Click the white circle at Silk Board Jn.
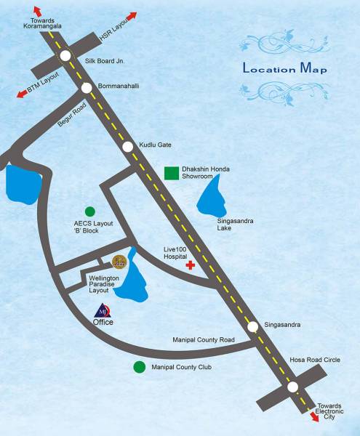66,55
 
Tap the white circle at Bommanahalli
87,88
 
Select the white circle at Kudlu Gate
128,146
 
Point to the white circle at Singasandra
253,327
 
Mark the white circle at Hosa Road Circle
292,387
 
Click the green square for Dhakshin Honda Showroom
172,173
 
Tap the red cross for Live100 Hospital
191,266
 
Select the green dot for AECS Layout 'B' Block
90,211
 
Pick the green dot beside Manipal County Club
139,367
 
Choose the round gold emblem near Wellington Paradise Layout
119,261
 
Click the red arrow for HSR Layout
131,16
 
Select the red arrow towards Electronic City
315,416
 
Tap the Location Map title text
284,70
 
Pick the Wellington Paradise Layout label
109,283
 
